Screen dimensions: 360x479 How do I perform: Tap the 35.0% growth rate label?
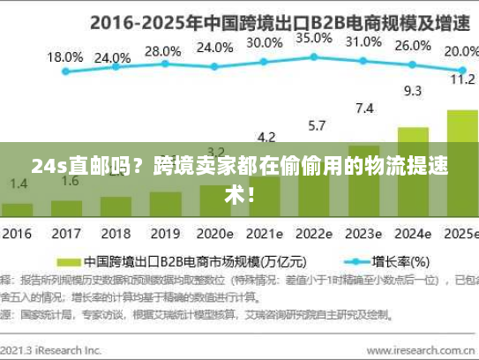(314, 39)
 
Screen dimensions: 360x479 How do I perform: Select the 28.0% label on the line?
(162, 51)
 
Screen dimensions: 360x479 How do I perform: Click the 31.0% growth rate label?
(363, 41)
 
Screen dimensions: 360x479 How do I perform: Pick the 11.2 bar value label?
(462, 79)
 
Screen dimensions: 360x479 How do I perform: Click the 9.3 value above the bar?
(412, 90)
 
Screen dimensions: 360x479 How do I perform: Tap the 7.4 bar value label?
(363, 109)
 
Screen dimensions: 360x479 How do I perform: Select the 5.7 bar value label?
(316, 124)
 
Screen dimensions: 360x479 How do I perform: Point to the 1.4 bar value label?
(18, 183)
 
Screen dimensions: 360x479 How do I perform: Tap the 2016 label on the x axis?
(16, 236)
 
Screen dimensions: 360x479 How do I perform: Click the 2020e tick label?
(215, 236)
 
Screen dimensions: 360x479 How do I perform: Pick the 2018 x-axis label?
(115, 236)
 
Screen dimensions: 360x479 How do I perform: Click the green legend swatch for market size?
(70, 262)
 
